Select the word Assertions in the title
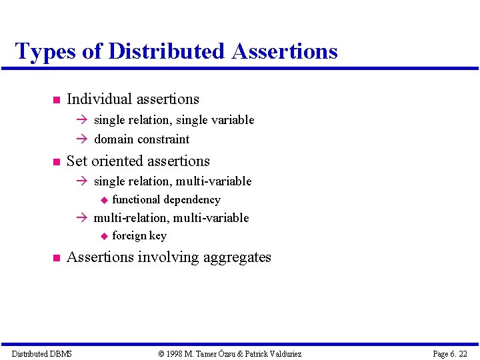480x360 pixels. pyautogui.click(x=285, y=51)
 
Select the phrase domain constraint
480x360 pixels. pyautogui.click(x=141, y=139)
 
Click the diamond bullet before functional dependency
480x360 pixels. pyautogui.click(x=103, y=200)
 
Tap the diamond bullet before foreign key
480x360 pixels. pyautogui.click(x=103, y=236)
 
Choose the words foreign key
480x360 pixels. pyautogui.click(x=139, y=236)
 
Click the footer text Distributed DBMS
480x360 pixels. pyautogui.click(x=42, y=353)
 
